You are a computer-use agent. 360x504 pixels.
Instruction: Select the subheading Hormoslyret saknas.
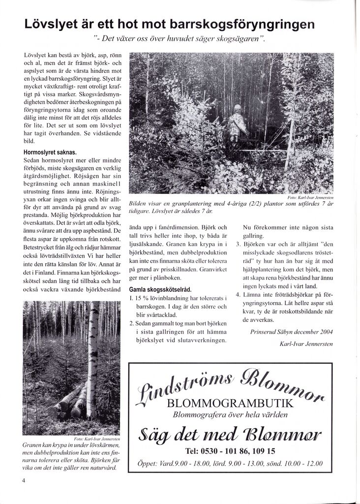[x=50, y=152]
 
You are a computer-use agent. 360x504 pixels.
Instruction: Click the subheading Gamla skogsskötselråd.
[x=160, y=289]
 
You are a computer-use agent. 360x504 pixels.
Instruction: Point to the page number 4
[x=24, y=482]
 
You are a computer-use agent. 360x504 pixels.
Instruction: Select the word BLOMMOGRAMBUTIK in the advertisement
[x=230, y=404]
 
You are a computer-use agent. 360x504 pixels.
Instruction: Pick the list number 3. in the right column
[x=238, y=244]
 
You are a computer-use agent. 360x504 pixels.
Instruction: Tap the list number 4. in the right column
[x=238, y=294]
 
